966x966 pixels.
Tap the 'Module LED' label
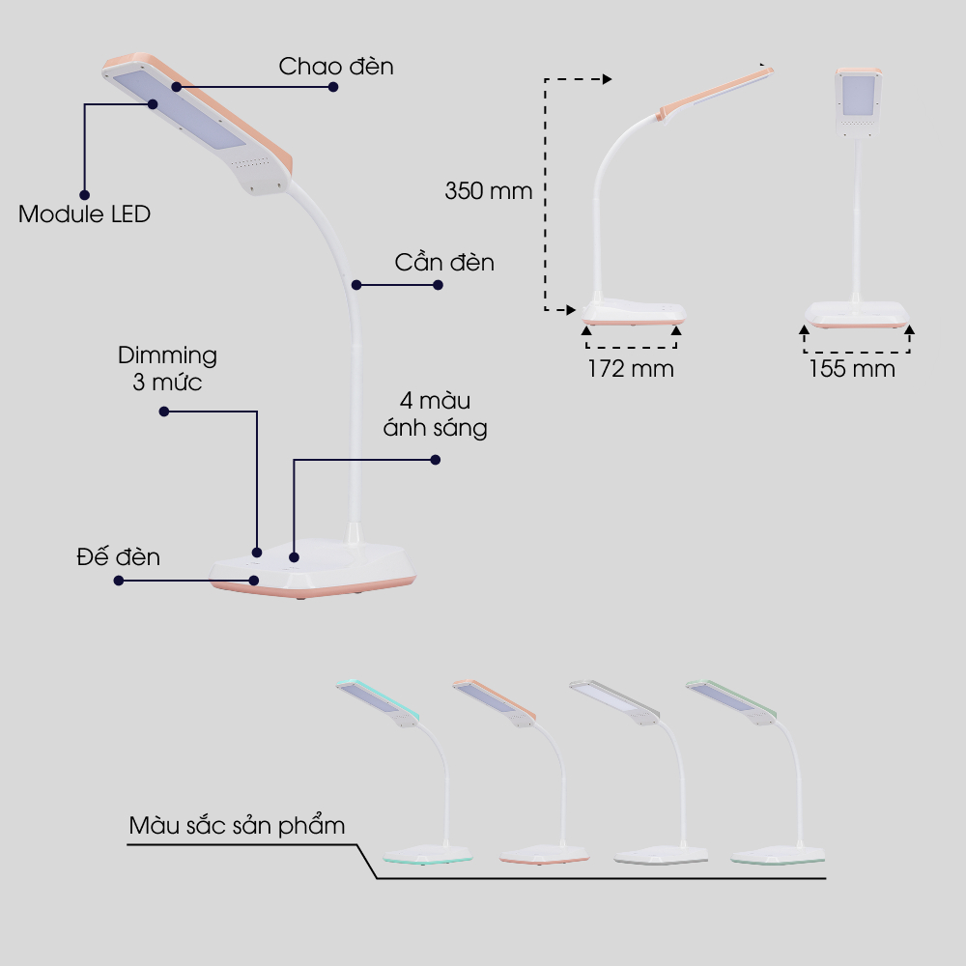pos(85,213)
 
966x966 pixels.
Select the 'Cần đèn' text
pos(444,262)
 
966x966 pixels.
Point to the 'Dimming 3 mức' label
pos(167,368)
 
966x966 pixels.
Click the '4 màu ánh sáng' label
pos(435,414)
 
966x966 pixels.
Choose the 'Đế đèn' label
pos(119,557)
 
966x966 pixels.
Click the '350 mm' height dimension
pos(488,191)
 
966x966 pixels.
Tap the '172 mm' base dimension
pos(631,369)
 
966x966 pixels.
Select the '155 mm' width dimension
pos(851,369)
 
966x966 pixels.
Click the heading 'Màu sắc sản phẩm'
pos(237,826)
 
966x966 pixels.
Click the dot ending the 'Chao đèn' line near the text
pos(333,86)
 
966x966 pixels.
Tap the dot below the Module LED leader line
pos(84,195)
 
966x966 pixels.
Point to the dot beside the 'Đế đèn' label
pos(119,581)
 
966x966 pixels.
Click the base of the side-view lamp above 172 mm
pos(636,311)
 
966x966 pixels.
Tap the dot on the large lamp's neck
pos(356,285)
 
